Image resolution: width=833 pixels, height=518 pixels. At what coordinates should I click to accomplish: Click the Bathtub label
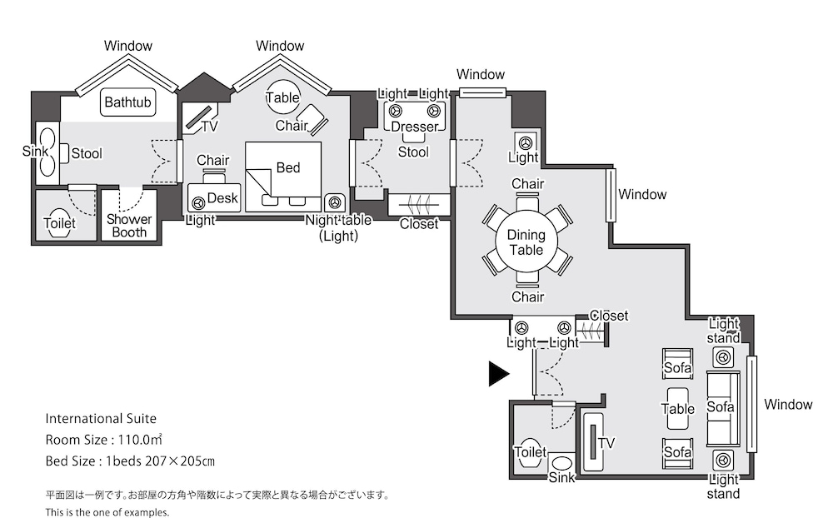(x=127, y=102)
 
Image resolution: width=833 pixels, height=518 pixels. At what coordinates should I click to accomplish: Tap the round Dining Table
(x=526, y=242)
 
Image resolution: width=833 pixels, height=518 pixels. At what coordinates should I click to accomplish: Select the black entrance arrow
(x=499, y=373)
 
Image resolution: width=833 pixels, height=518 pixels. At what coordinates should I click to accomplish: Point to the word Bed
(x=288, y=167)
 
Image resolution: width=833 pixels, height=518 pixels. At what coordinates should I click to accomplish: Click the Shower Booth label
(x=129, y=226)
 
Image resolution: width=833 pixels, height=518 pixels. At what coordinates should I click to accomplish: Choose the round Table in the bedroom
(x=282, y=97)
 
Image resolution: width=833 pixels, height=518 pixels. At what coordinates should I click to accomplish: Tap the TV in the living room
(x=593, y=441)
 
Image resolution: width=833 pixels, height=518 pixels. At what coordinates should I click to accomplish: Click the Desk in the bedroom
(x=214, y=197)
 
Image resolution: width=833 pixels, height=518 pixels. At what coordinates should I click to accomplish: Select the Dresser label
(x=414, y=127)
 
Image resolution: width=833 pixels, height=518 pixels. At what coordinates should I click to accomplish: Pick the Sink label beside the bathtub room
(x=35, y=152)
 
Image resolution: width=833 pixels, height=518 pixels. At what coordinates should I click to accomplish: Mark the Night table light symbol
(x=334, y=203)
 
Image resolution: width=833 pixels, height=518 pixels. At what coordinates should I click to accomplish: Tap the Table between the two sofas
(x=678, y=408)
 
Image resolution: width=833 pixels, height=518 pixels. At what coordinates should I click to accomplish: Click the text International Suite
(x=101, y=419)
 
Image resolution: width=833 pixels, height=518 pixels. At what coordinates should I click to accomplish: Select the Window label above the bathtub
(x=128, y=46)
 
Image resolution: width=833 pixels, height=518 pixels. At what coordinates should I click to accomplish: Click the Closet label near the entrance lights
(x=609, y=316)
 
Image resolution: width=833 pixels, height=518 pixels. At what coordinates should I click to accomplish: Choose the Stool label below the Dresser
(x=413, y=152)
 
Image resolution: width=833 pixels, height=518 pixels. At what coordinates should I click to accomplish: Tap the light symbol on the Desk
(x=199, y=203)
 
